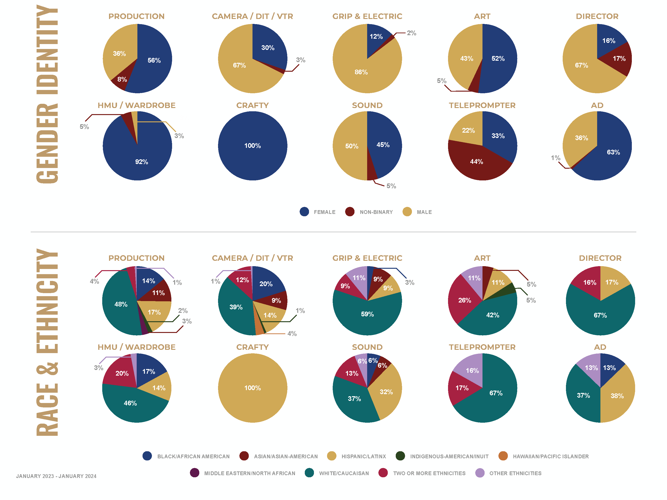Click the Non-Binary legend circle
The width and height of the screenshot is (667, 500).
pos(350,212)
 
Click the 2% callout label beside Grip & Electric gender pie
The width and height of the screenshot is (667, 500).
pos(411,33)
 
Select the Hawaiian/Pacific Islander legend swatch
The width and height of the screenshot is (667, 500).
pos(503,456)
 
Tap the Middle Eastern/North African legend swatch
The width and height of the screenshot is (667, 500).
pos(195,473)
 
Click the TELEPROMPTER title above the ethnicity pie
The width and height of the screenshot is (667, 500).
pos(482,347)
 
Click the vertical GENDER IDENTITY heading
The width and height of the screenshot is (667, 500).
pos(47,93)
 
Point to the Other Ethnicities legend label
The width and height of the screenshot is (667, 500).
pos(515,473)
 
